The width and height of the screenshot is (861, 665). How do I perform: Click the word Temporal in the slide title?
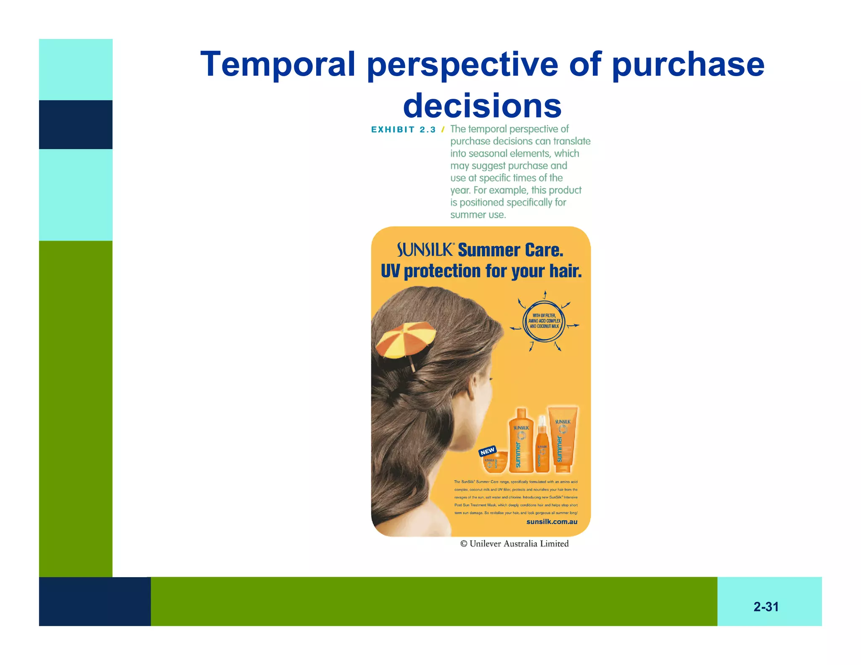(278, 64)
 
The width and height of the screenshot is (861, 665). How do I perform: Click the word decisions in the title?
(482, 106)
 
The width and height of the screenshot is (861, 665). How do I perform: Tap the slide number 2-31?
(766, 607)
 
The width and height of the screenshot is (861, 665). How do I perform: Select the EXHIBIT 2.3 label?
(403, 129)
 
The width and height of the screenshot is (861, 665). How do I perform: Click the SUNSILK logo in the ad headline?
(425, 250)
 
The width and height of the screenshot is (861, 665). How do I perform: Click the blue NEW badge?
(487, 451)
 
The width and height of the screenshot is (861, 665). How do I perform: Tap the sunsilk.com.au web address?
(552, 522)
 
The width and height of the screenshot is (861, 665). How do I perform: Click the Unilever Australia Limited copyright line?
(514, 544)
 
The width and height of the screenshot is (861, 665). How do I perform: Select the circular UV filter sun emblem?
(544, 321)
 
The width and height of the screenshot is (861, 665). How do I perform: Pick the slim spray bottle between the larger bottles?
(542, 448)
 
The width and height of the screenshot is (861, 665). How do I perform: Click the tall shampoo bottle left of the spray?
(521, 441)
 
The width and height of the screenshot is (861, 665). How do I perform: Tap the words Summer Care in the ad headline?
(510, 250)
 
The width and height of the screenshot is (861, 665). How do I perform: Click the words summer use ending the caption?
(478, 215)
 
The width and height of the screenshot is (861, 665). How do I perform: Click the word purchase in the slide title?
(688, 64)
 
